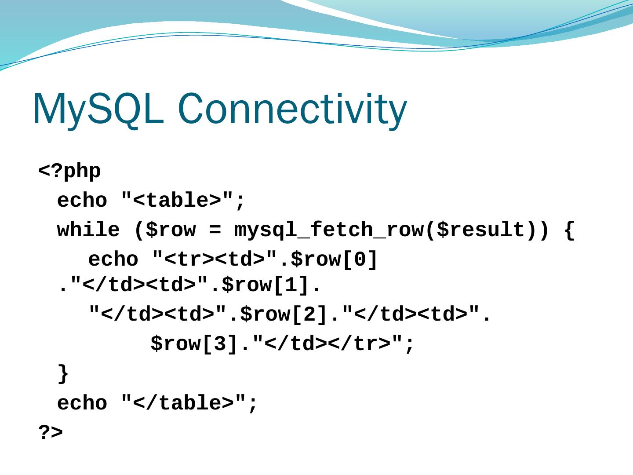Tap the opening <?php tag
70,172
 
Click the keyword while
88,230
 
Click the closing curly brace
63,374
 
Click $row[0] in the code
334,259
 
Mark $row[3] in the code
196,344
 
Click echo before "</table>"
82,403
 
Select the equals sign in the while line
215,230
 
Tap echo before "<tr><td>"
113,259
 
